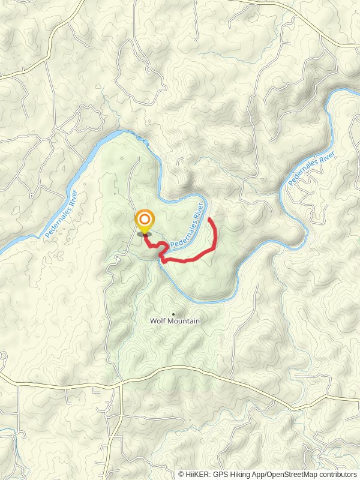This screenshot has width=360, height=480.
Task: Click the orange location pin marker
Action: point(144,223)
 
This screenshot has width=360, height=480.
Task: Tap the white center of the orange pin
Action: point(144,220)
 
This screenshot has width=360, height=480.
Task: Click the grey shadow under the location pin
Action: point(144,235)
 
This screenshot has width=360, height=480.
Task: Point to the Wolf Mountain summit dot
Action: point(174,313)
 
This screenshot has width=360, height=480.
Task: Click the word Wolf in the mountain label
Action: point(157,321)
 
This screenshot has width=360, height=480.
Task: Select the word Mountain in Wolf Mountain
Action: point(183,321)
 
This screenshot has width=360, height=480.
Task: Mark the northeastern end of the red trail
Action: point(209,220)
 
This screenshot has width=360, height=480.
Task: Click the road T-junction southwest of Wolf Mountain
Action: point(121,385)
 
